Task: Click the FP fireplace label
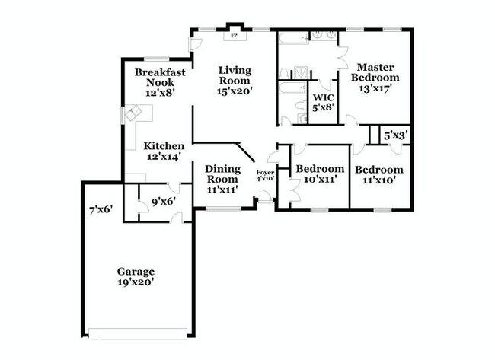[234, 35]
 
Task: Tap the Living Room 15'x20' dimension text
[235, 91]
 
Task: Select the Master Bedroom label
[375, 72]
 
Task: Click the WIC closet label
[323, 97]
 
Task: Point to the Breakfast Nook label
[160, 78]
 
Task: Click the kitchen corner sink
[133, 113]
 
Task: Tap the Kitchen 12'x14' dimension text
[164, 156]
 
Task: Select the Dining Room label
[222, 174]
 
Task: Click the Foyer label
[265, 173]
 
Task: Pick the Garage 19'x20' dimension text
[136, 282]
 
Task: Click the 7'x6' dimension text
[101, 209]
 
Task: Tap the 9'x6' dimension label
[164, 201]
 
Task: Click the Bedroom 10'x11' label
[320, 174]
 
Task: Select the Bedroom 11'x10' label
[379, 175]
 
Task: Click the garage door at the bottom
[138, 333]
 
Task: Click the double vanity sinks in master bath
[324, 35]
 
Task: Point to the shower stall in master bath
[300, 72]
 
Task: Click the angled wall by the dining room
[246, 152]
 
